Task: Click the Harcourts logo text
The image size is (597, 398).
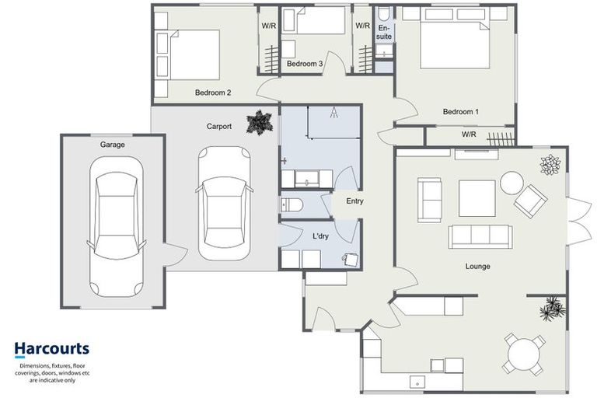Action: (x=52, y=349)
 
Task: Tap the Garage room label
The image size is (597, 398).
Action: (x=112, y=145)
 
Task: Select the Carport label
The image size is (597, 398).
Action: (x=218, y=126)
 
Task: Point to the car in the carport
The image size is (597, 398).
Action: (x=225, y=204)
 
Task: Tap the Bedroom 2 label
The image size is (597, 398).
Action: (x=212, y=93)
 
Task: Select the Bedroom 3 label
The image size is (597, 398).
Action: (x=305, y=64)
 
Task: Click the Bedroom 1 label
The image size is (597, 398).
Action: (x=460, y=112)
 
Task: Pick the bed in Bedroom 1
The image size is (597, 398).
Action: (x=456, y=44)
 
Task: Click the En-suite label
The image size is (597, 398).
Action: (x=385, y=32)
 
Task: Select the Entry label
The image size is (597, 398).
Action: (x=354, y=201)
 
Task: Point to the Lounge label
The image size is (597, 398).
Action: (x=477, y=266)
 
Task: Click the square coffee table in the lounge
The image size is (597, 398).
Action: (x=477, y=198)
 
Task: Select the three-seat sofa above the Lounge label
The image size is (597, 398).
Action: (x=479, y=236)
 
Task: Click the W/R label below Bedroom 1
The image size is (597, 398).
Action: (x=469, y=134)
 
